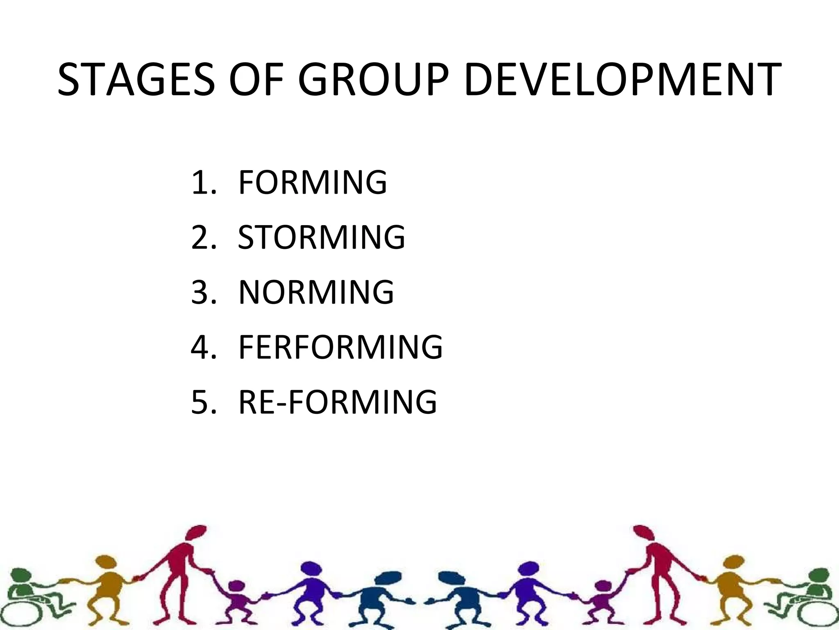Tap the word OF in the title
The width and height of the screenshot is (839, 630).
tap(256, 80)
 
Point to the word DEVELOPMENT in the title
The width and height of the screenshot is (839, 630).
tap(623, 80)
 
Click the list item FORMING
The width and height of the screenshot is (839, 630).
tap(312, 182)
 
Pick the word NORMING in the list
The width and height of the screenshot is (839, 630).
tap(316, 292)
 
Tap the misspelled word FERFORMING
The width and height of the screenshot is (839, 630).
tap(340, 347)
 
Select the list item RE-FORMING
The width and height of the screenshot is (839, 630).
tap(338, 402)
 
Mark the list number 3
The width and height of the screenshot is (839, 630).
tap(203, 292)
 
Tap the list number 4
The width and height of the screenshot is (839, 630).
tap(203, 347)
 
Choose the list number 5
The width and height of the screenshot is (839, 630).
tap(203, 402)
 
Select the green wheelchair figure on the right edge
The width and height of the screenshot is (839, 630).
tap(813, 595)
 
